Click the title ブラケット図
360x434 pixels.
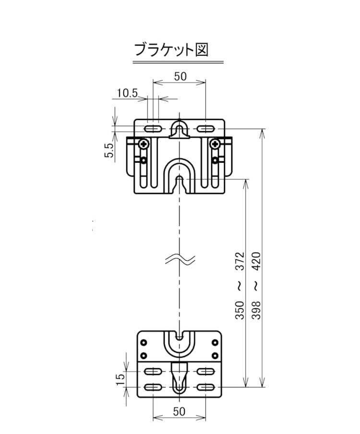[x=171, y=50]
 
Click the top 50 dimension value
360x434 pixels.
[x=180, y=76]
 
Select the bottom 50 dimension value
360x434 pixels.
[x=179, y=411]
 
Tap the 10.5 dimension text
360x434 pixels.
[x=127, y=93]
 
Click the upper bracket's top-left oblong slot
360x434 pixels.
[x=153, y=129]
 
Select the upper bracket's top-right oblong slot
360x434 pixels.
[x=205, y=129]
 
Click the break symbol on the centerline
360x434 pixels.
[x=180, y=260]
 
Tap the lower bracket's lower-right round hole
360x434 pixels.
[x=215, y=356]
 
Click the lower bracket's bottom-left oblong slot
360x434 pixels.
[x=153, y=387]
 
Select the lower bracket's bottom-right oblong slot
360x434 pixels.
[x=205, y=387]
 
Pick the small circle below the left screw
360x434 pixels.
[x=143, y=160]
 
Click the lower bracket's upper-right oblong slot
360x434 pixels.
[x=205, y=371]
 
